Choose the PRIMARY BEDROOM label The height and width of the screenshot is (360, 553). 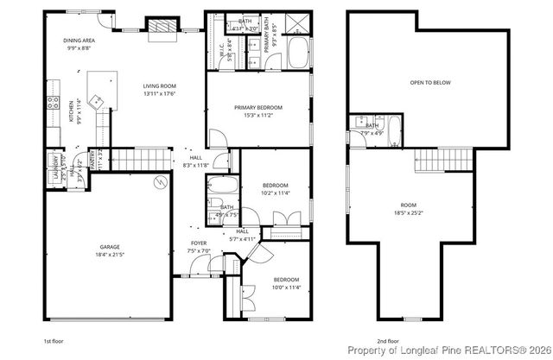[257, 108]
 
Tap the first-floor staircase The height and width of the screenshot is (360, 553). [127, 159]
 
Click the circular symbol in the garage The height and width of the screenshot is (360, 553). [160, 181]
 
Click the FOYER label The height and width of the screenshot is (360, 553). [199, 243]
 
